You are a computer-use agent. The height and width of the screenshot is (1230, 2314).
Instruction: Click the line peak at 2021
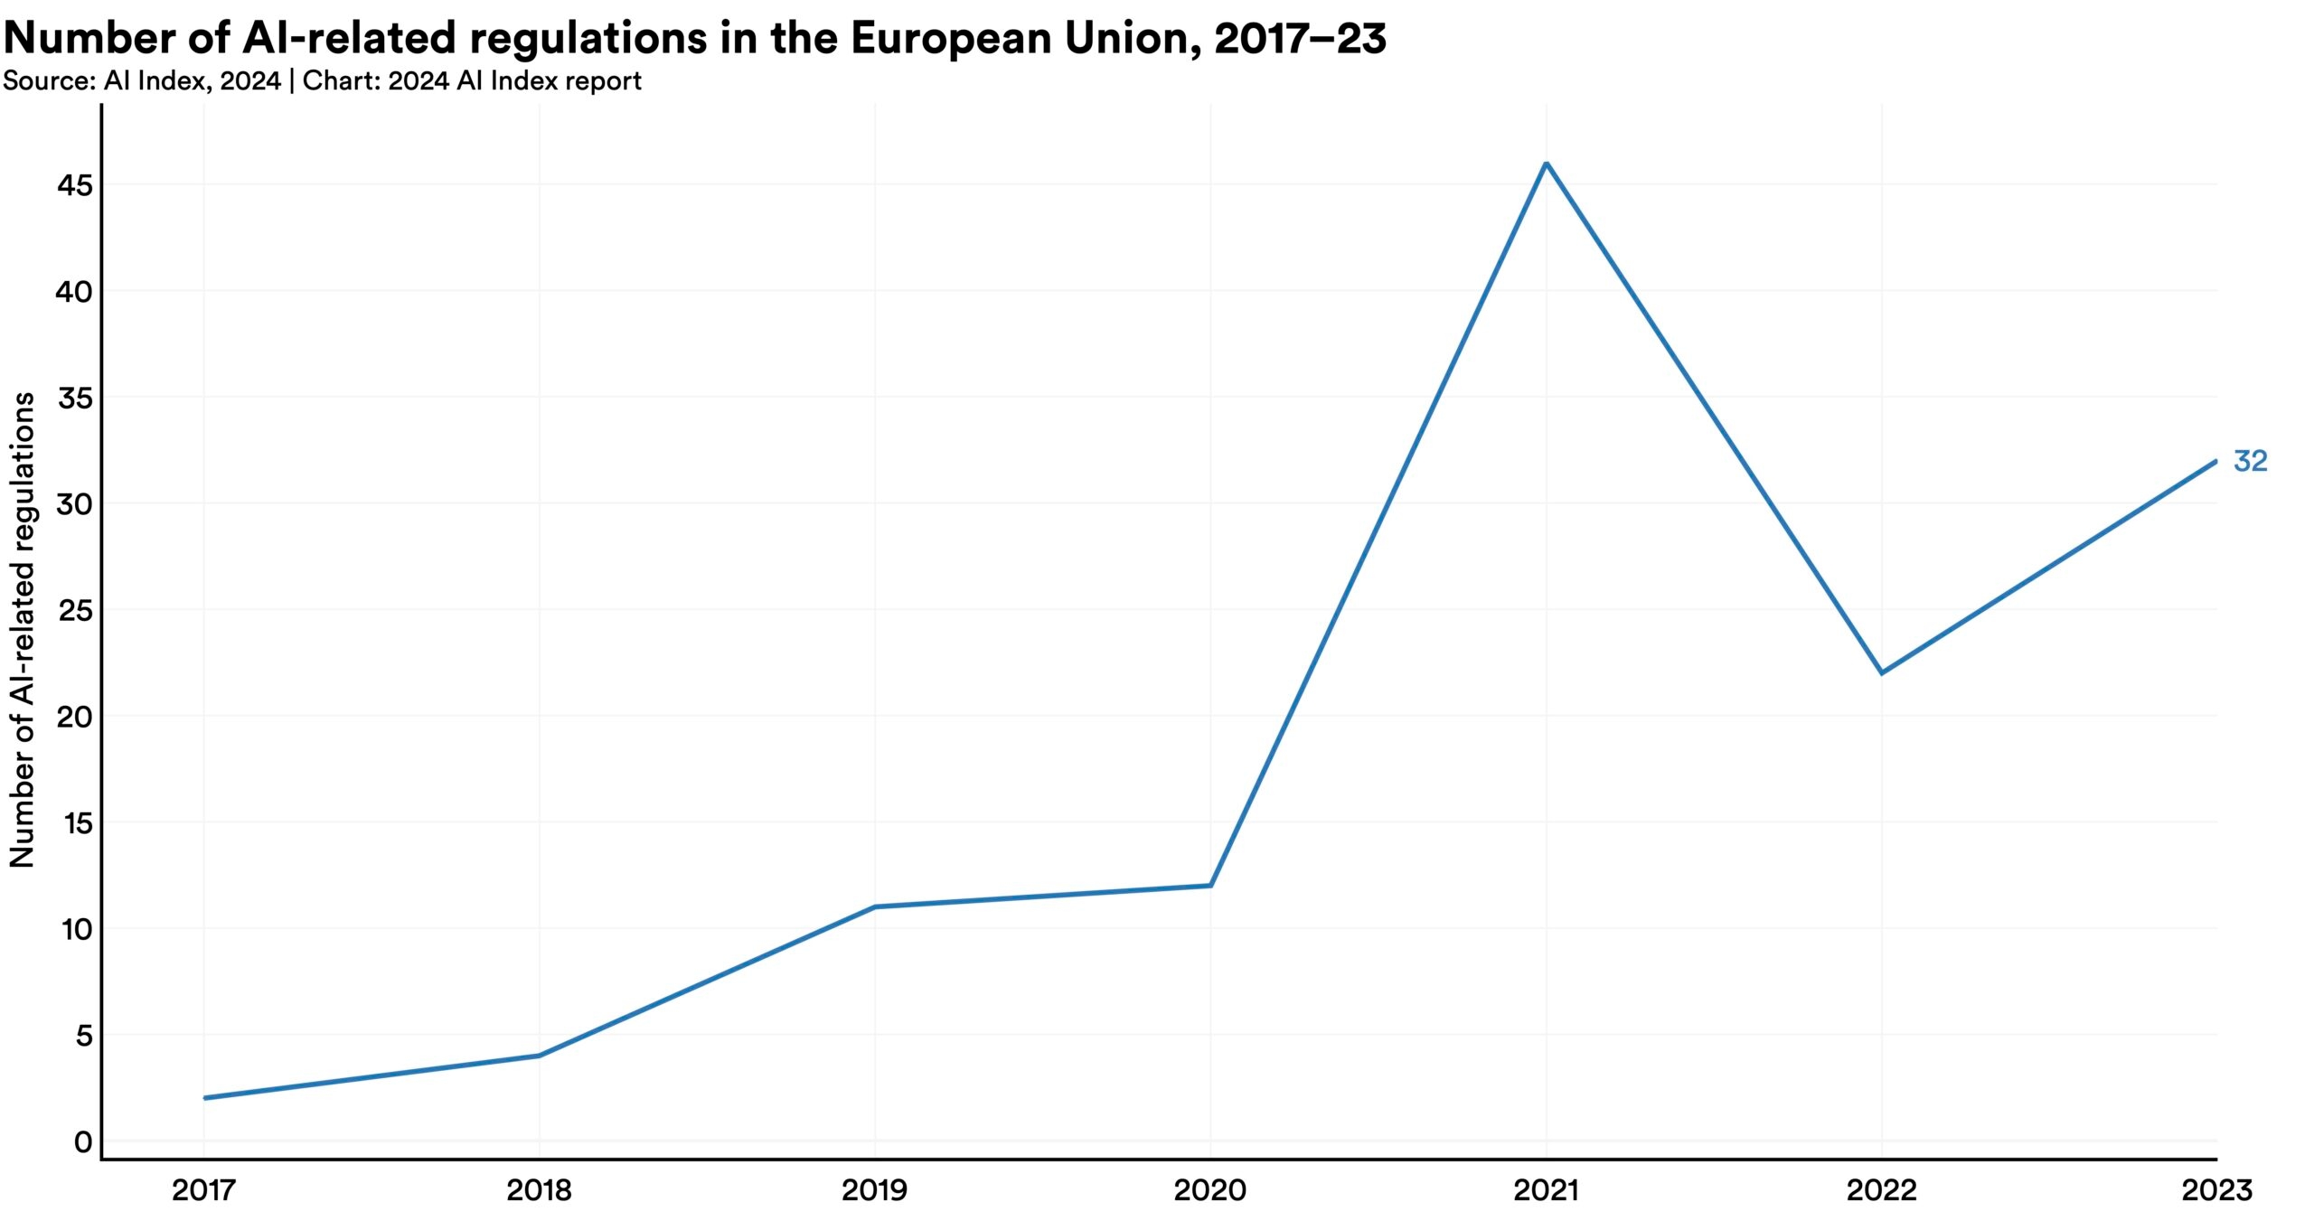click(1547, 164)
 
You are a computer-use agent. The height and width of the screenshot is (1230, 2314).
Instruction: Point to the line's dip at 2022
click(1882, 673)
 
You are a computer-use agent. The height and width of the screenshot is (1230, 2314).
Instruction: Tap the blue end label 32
click(2250, 462)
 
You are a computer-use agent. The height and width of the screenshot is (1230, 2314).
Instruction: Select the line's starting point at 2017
click(205, 1098)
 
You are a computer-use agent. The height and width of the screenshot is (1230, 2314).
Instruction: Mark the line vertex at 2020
click(1210, 886)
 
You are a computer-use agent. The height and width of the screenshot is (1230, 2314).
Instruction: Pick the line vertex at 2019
click(875, 906)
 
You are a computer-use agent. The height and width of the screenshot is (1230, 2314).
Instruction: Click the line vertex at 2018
click(540, 1056)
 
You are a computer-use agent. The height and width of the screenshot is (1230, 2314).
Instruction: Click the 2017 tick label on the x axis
click(204, 1190)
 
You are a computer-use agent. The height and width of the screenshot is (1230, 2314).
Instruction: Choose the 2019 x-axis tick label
click(874, 1190)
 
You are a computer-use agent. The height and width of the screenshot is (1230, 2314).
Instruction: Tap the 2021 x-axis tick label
click(1546, 1190)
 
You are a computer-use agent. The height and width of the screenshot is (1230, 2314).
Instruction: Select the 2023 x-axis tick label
click(2216, 1190)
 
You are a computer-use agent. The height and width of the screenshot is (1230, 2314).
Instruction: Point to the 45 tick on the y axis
click(75, 185)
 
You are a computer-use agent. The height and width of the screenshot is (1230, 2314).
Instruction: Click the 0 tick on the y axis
click(83, 1141)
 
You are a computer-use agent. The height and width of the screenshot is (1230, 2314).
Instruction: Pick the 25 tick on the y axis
click(75, 610)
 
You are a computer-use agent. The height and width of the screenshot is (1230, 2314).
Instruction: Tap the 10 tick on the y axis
click(77, 929)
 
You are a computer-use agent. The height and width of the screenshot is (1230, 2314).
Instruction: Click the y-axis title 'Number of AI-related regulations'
click(22, 630)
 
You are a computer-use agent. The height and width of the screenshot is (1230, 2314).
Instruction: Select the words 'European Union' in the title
click(1026, 38)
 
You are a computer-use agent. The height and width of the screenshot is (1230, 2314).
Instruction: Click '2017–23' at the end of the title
click(1300, 38)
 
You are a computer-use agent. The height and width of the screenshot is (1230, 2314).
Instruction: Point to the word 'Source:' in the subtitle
click(50, 81)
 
